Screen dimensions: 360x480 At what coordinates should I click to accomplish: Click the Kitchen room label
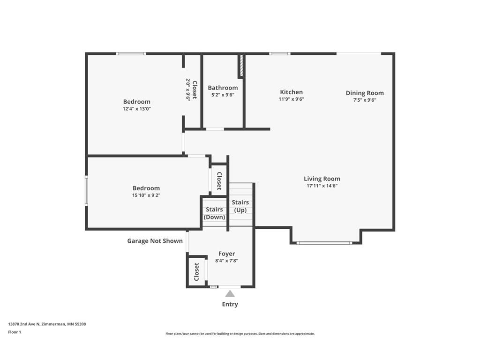tap(291, 92)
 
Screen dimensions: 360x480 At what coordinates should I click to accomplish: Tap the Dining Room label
tap(365, 93)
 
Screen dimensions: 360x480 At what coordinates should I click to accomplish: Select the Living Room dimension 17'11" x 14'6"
tap(322, 186)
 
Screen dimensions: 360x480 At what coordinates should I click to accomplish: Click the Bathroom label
tap(223, 88)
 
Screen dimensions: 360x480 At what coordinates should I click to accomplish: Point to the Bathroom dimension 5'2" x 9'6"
tap(223, 95)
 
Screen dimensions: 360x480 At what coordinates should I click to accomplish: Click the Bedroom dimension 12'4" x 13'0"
tap(137, 109)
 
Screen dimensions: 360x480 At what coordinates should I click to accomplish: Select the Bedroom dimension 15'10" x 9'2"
tap(146, 195)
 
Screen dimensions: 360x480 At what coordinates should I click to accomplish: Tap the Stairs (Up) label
tap(240, 206)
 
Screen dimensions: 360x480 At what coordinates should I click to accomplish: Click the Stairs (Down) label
tap(214, 213)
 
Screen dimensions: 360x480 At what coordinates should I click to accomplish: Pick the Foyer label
tap(227, 254)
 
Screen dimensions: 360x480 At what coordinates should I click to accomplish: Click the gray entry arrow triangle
tap(230, 293)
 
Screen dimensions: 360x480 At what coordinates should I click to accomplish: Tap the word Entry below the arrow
tap(230, 304)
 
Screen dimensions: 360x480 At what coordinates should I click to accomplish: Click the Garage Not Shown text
tap(155, 241)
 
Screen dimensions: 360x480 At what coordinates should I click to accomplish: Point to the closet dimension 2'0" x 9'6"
tap(188, 90)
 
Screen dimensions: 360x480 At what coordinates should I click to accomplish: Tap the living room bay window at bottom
tap(324, 243)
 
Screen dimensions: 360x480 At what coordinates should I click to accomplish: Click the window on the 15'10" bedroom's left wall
tap(86, 190)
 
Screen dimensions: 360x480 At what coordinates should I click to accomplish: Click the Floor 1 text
tap(15, 332)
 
